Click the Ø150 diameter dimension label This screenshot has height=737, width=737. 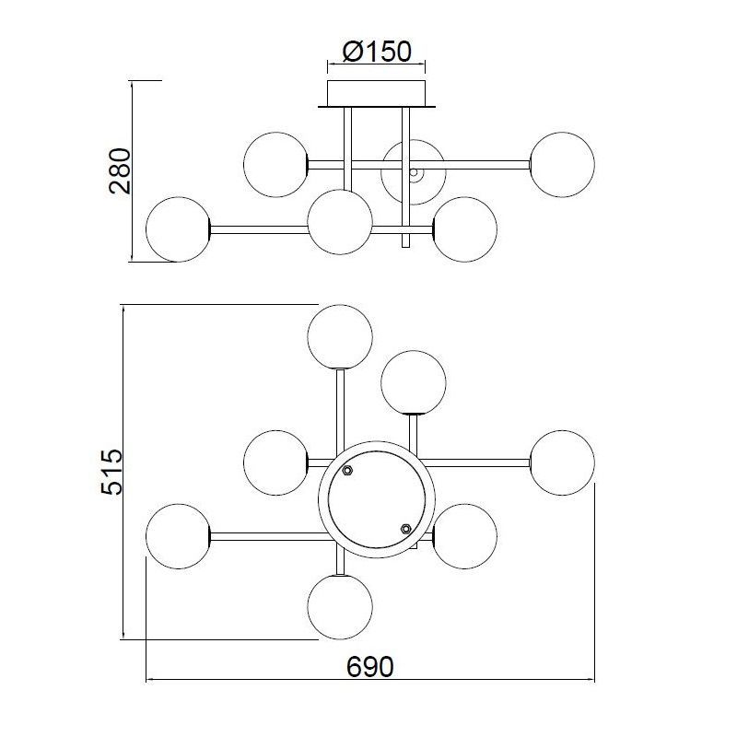(x=377, y=52)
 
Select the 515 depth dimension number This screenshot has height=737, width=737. (x=111, y=472)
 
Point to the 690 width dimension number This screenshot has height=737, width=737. (x=370, y=666)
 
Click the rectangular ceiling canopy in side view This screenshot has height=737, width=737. (x=377, y=93)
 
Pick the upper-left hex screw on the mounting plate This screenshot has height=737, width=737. (x=347, y=470)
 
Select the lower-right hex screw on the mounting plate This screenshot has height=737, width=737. (x=406, y=529)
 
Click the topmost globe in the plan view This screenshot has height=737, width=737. (x=340, y=337)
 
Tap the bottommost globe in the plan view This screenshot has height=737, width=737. (x=340, y=607)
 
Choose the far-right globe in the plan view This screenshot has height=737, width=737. (x=562, y=462)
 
